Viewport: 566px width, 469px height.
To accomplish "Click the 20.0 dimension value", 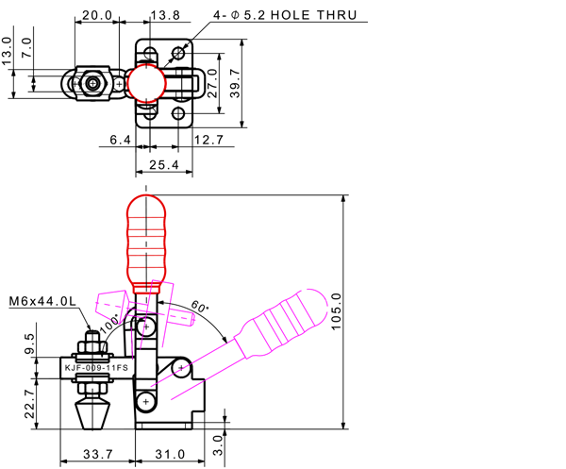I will pyautogui.click(x=97, y=15).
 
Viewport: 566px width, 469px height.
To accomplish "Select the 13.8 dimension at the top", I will pyautogui.click(x=165, y=15).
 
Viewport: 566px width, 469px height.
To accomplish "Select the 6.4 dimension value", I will pyautogui.click(x=120, y=141).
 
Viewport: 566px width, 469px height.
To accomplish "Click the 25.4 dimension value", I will pyautogui.click(x=164, y=165).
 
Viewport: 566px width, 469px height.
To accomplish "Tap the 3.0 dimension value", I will pyautogui.click(x=220, y=440).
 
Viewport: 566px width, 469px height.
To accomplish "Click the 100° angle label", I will pyautogui.click(x=110, y=323).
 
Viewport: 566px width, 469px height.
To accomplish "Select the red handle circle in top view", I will pyautogui.click(x=147, y=83).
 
